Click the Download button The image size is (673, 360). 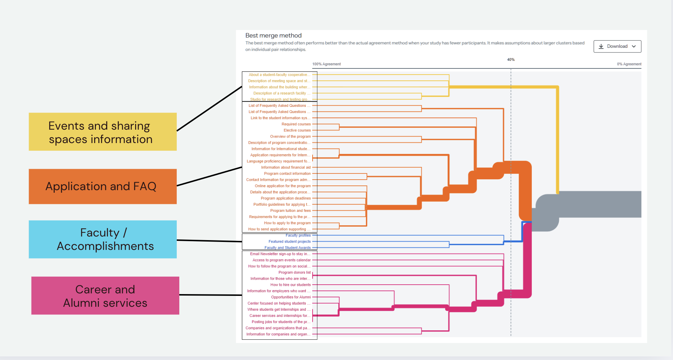coord(617,46)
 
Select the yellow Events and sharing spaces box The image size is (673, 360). coord(103,132)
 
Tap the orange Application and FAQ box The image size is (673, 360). coord(103,187)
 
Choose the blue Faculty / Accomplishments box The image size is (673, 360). coord(103,239)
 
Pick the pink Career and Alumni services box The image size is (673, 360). coord(105,296)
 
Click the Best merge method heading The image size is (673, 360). coord(273,35)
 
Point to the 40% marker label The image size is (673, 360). coord(511,59)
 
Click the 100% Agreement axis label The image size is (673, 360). coord(326,64)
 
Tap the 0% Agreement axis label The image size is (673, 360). coord(629,64)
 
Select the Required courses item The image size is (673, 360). coord(296,124)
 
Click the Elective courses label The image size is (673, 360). coord(297,130)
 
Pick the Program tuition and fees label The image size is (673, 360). coord(290,211)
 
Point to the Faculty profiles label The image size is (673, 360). coord(298,235)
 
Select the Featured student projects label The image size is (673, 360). coord(289,242)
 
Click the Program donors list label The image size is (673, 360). coord(294,272)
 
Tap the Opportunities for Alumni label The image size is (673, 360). coord(291,297)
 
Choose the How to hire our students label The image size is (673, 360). coord(290,285)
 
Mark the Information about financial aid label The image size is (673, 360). coord(286,167)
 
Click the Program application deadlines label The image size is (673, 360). coord(285,198)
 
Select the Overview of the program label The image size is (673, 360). coord(290,137)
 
